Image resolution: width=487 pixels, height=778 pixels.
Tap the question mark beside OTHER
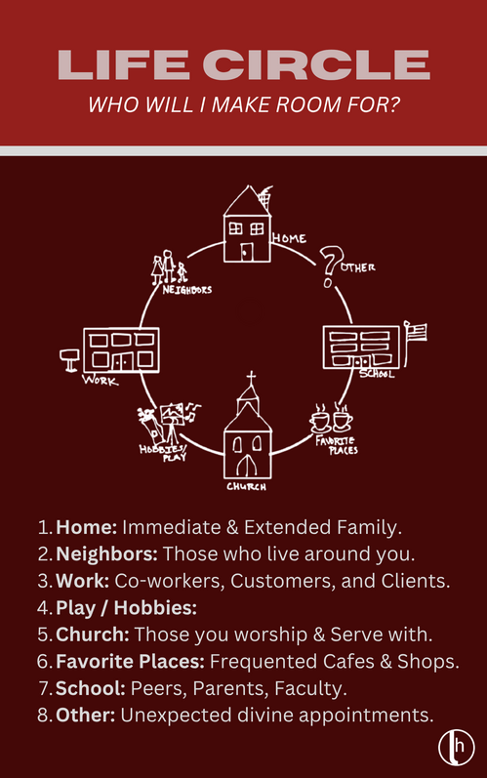[328, 266]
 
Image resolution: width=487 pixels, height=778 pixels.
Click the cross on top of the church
[252, 378]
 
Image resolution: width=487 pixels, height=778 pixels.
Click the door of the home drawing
[247, 252]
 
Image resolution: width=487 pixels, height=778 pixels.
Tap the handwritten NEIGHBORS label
[187, 289]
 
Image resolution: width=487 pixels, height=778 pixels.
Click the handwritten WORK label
[101, 381]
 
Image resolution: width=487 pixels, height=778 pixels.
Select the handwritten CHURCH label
[247, 486]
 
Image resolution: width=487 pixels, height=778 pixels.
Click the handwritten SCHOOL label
[377, 374]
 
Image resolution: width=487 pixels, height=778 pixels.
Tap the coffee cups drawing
[331, 418]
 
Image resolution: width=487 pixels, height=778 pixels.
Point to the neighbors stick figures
[169, 266]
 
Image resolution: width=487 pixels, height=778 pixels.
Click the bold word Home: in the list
[86, 527]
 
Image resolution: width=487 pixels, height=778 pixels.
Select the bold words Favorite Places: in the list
[130, 662]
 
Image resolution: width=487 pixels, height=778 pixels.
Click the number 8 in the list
[43, 715]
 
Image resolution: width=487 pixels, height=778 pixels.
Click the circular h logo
[456, 748]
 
